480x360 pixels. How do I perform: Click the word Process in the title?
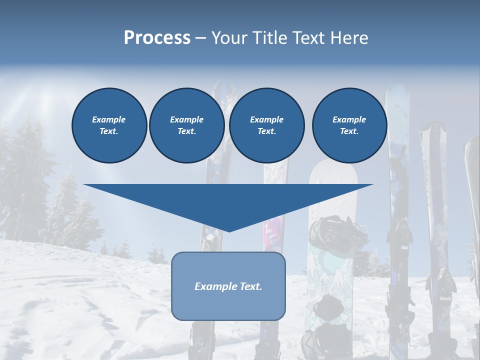click(157, 38)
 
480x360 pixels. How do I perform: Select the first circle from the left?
click(109, 125)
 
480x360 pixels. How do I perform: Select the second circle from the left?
click(186, 125)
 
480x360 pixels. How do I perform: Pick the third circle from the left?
click(266, 125)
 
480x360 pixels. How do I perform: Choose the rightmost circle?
click(349, 125)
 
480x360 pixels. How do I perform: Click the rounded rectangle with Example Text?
click(228, 286)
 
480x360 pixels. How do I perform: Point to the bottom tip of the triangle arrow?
click(229, 231)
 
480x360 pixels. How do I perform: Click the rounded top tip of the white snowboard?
click(333, 163)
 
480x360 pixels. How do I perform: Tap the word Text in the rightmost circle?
click(348, 131)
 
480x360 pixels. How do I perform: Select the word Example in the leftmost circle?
click(109, 119)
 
